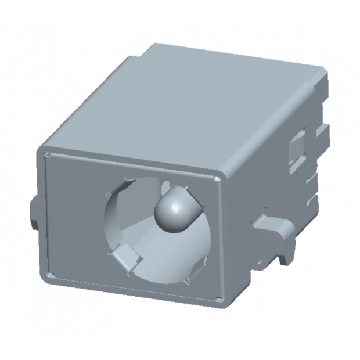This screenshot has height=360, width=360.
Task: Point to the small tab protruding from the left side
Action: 34,211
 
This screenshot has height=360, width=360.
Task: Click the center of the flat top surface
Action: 186,105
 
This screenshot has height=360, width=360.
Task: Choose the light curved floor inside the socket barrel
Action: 168,255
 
